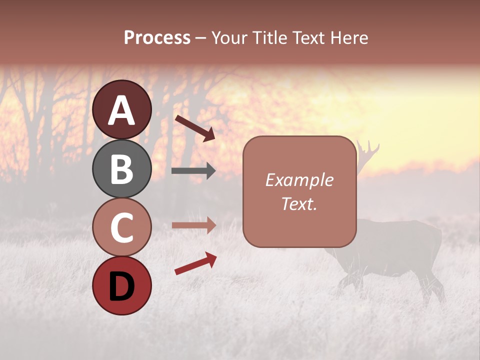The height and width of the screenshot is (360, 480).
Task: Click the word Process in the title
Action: tap(157, 38)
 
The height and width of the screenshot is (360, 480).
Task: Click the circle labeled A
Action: tap(121, 110)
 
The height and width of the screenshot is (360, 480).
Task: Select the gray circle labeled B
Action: tap(121, 169)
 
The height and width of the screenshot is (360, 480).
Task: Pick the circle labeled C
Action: tap(121, 227)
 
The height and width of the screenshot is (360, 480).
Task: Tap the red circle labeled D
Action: tap(121, 286)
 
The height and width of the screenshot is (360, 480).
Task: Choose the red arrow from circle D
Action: tap(195, 263)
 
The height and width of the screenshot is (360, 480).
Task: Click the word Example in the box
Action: tap(299, 180)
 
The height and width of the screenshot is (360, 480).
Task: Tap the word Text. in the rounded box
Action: tap(299, 203)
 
